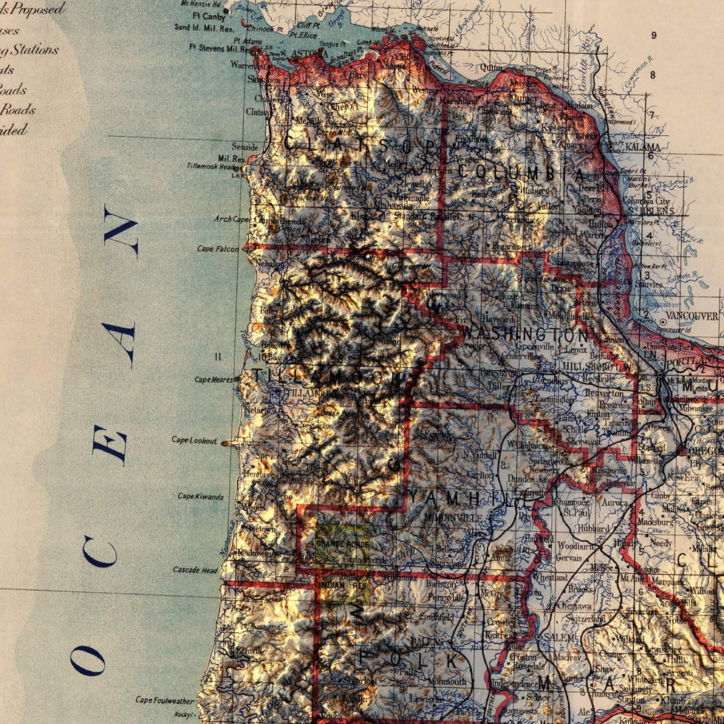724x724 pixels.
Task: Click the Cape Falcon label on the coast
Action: [218, 249]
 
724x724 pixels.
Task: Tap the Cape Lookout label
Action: [194, 440]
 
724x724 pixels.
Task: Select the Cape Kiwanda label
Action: [199, 496]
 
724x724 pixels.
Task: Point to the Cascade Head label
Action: [195, 570]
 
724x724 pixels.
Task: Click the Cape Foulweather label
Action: [165, 700]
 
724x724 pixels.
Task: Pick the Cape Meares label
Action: [213, 380]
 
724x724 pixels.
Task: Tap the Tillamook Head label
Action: [213, 166]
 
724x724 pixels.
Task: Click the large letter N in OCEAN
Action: [120, 232]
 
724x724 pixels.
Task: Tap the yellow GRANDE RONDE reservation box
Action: [343, 544]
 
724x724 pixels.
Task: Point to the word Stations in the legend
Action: [34, 50]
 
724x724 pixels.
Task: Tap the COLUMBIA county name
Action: [521, 171]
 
